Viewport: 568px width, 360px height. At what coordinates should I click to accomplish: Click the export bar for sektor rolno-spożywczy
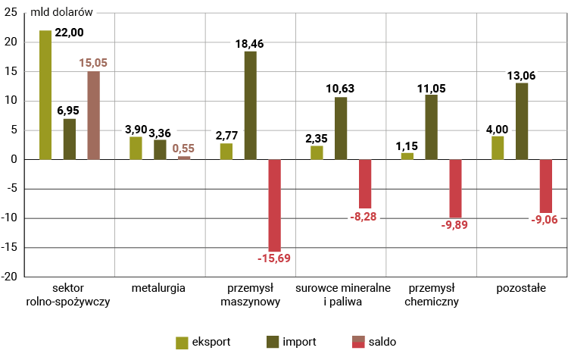(x=45, y=95)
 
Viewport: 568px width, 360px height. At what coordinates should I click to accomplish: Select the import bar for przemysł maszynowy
(x=251, y=105)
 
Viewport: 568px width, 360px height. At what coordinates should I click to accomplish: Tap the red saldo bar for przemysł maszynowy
(x=274, y=205)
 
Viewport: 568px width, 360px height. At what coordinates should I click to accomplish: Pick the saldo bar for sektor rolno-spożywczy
(x=93, y=115)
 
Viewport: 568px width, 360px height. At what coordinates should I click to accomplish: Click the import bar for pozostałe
(x=522, y=121)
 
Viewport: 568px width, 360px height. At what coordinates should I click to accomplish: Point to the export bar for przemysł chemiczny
(x=407, y=156)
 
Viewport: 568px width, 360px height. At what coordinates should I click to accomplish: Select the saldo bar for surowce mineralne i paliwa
(x=365, y=183)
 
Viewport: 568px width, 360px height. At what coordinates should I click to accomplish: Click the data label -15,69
(x=274, y=258)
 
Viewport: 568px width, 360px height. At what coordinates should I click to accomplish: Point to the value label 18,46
(x=250, y=44)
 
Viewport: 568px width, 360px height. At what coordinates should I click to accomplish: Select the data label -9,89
(x=455, y=224)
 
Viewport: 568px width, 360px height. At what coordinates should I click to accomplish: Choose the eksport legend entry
(x=204, y=342)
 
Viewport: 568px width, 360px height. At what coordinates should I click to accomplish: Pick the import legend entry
(x=291, y=342)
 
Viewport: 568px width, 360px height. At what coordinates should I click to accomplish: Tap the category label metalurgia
(x=158, y=289)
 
